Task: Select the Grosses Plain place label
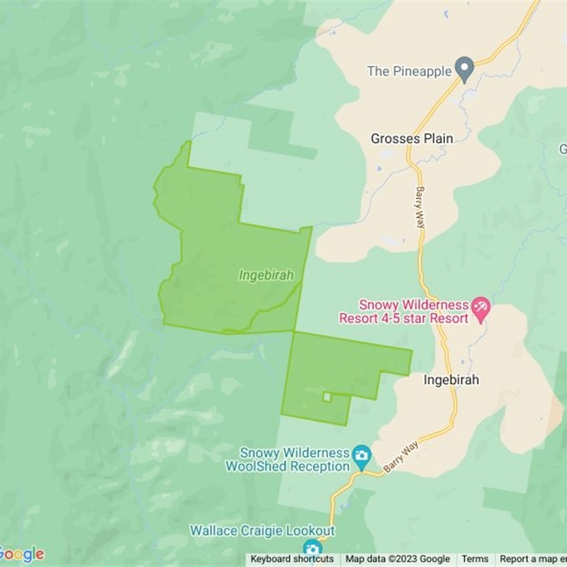412,139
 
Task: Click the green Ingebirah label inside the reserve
266,275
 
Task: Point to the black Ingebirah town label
451,380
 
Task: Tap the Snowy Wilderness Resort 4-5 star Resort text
404,312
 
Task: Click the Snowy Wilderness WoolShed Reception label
287,459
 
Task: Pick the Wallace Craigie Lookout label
262,531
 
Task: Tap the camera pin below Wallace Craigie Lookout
312,549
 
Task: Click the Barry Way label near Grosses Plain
421,206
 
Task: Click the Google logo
22,554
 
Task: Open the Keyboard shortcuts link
292,559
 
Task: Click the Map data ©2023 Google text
398,559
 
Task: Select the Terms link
475,559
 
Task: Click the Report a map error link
532,559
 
